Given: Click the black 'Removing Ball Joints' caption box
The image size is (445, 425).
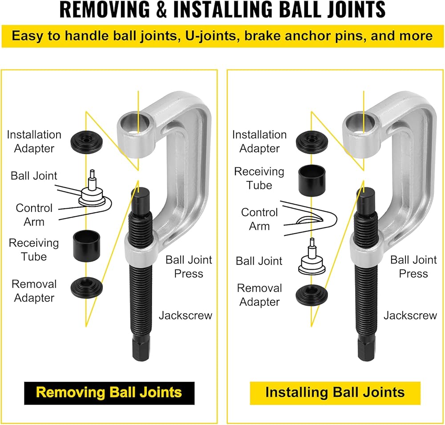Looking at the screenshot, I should point(109,392).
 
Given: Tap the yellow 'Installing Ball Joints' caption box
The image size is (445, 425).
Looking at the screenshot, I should point(335,392).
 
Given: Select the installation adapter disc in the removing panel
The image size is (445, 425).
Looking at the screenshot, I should point(87,142).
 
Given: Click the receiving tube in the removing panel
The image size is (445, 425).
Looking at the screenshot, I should point(87,245).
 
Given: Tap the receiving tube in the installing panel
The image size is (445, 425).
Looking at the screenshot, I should point(312,180).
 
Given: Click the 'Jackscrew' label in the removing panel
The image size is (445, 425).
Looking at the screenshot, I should point(186,316).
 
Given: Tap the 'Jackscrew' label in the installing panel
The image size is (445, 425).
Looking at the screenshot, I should point(410,316).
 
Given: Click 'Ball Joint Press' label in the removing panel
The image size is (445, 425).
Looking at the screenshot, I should point(189,267).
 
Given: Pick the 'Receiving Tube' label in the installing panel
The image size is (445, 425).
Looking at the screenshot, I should point(259,178).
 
